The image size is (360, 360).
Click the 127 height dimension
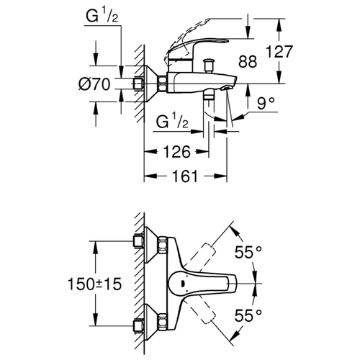[279, 52]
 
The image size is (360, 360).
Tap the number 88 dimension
[248, 61]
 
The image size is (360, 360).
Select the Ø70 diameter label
[94, 84]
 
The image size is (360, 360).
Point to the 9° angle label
[266, 103]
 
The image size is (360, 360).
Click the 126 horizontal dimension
[176, 152]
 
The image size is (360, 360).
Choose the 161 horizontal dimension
[185, 176]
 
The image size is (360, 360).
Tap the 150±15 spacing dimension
[95, 284]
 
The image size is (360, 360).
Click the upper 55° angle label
[248, 252]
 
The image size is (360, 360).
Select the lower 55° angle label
[248, 315]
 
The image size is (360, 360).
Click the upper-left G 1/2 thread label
[102, 16]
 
